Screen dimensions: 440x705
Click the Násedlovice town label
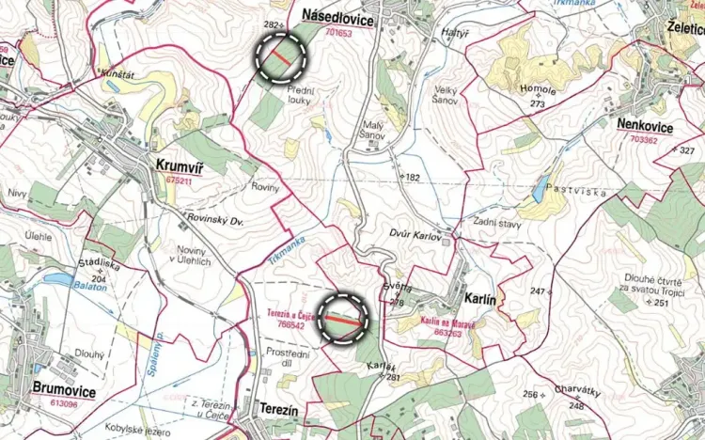point(338,19)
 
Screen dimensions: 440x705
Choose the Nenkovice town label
point(646,124)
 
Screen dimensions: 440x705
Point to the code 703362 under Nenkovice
point(645,139)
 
